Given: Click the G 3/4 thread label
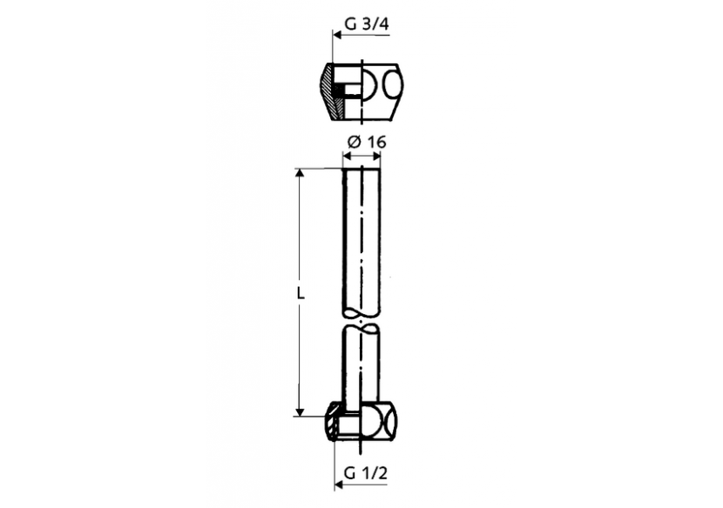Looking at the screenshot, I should point(365,25).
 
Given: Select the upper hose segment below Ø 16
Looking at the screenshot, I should point(361,235).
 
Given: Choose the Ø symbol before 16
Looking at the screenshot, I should point(350,142).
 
